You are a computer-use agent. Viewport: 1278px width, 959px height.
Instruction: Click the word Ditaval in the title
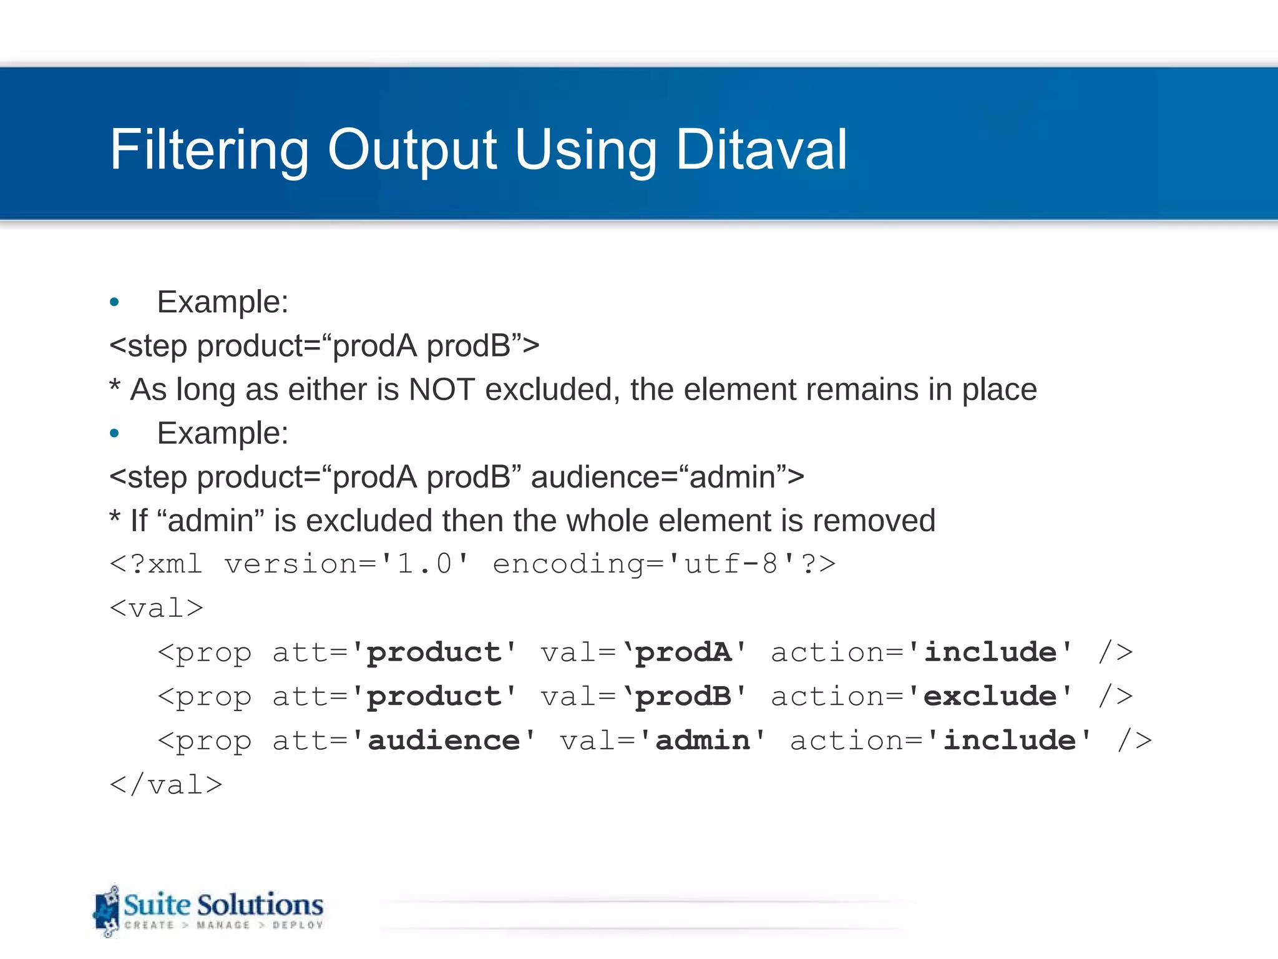tap(761, 149)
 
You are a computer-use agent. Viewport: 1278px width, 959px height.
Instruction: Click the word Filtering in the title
tap(210, 150)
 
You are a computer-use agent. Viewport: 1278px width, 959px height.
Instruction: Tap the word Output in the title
tap(412, 150)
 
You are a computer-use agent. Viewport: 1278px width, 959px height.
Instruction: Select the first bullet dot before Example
tap(114, 303)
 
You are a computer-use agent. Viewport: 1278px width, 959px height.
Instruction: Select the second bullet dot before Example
tap(114, 433)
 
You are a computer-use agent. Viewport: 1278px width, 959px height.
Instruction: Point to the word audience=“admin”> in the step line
tap(667, 477)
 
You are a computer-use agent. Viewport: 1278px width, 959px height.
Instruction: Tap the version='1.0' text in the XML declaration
tap(346, 564)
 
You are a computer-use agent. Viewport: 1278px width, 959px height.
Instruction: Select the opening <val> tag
tap(157, 608)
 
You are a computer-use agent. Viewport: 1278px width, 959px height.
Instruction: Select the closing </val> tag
tap(166, 785)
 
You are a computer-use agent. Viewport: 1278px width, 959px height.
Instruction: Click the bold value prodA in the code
tap(684, 652)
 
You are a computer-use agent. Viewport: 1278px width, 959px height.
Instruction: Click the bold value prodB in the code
tap(684, 696)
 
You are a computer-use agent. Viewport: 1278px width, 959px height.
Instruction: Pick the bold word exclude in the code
tap(990, 696)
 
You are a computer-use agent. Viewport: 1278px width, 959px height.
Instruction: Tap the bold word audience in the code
tap(444, 740)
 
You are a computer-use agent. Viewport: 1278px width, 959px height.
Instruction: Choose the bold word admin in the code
tap(703, 740)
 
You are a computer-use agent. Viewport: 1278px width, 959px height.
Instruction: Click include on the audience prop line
tap(1009, 740)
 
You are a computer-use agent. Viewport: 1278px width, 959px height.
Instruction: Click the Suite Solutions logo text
tap(223, 905)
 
